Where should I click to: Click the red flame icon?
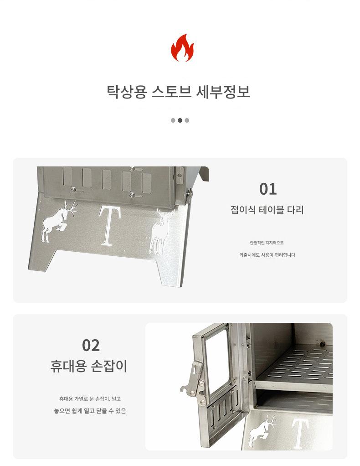(x=182, y=48)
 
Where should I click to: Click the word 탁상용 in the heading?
(x=127, y=92)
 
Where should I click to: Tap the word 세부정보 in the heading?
(x=223, y=92)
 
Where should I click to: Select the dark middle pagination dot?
(x=180, y=120)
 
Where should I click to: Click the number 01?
(x=268, y=189)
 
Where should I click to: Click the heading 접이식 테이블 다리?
(x=267, y=210)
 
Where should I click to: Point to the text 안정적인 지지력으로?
(x=267, y=243)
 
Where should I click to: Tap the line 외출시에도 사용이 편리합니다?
(x=267, y=255)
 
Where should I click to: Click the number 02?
(x=91, y=345)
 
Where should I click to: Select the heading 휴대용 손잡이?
(x=89, y=366)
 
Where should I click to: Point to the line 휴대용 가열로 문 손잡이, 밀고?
(x=90, y=399)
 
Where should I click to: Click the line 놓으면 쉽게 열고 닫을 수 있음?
(x=90, y=411)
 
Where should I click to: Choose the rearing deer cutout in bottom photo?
(x=262, y=431)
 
